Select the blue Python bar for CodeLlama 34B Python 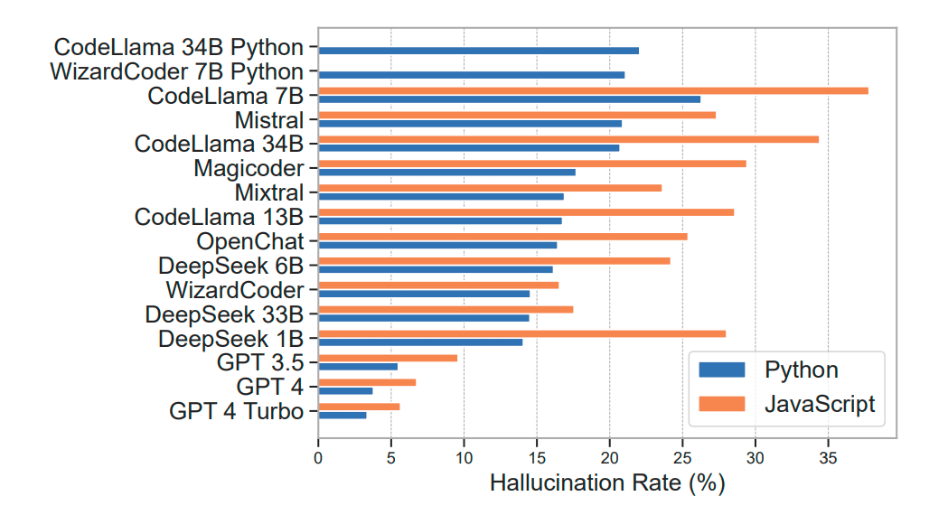coord(478,51)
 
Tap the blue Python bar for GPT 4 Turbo coord(342,415)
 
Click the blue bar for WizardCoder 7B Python coord(471,75)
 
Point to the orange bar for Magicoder coord(531,164)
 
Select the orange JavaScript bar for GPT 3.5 coord(387,358)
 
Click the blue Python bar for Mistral coord(470,123)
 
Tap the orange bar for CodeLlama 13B coord(526,212)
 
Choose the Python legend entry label coord(801,370)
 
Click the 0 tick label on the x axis coord(318,459)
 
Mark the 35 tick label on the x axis coord(828,459)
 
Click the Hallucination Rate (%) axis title coord(607,483)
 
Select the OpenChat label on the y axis coord(250,241)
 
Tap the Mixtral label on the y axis coord(269,192)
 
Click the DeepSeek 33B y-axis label coord(224,314)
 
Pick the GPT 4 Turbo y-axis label coord(236,411)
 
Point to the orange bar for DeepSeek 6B coord(493,260)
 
